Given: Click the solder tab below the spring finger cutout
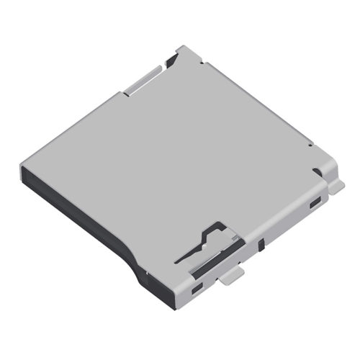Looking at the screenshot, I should [x=230, y=276].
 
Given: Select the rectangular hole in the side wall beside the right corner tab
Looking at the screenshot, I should [x=315, y=205].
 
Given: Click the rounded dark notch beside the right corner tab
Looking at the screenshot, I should [x=317, y=171].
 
